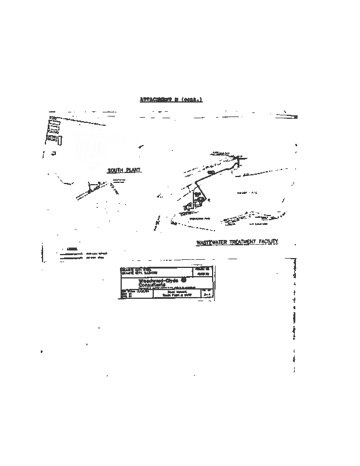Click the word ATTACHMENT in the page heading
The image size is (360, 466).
click(158, 100)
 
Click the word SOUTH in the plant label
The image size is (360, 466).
click(115, 170)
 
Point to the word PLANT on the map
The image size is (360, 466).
click(135, 170)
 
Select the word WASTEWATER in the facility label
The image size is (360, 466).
click(215, 241)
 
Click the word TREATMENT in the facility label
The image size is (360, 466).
click(249, 241)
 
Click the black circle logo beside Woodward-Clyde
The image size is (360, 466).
click(184, 280)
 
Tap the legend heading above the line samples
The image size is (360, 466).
click(72, 249)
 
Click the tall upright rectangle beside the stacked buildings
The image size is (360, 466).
click(59, 140)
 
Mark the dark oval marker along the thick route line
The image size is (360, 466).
click(211, 174)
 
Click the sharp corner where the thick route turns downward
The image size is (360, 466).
click(239, 160)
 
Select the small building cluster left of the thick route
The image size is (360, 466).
click(188, 207)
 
